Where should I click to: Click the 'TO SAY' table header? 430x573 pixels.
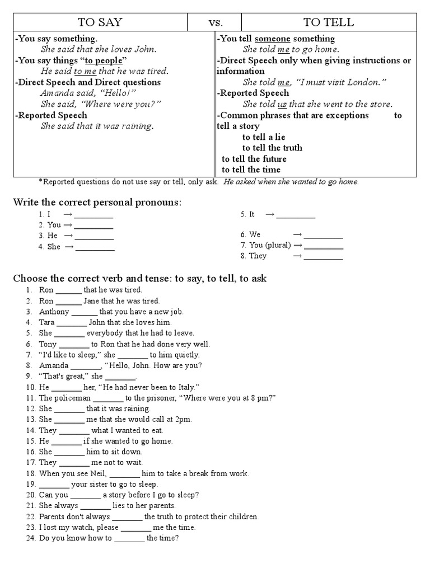pyautogui.click(x=100, y=22)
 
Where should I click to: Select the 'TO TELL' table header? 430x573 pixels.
pyautogui.click(x=328, y=22)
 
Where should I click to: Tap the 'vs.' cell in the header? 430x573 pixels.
pyautogui.click(x=216, y=22)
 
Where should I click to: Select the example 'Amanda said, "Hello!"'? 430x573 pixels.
pyautogui.click(x=88, y=93)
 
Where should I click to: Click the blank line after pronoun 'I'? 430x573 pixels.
pyautogui.click(x=94, y=214)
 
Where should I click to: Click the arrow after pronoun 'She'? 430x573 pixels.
pyautogui.click(x=69, y=247)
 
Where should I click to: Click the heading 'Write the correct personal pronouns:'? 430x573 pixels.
pyautogui.click(x=97, y=202)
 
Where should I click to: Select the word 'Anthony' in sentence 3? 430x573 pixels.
pyautogui.click(x=54, y=312)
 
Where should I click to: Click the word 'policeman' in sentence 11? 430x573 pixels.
pyautogui.click(x=73, y=398)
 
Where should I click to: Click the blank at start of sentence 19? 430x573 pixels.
pyautogui.click(x=54, y=484)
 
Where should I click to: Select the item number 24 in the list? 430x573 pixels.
pyautogui.click(x=30, y=538)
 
